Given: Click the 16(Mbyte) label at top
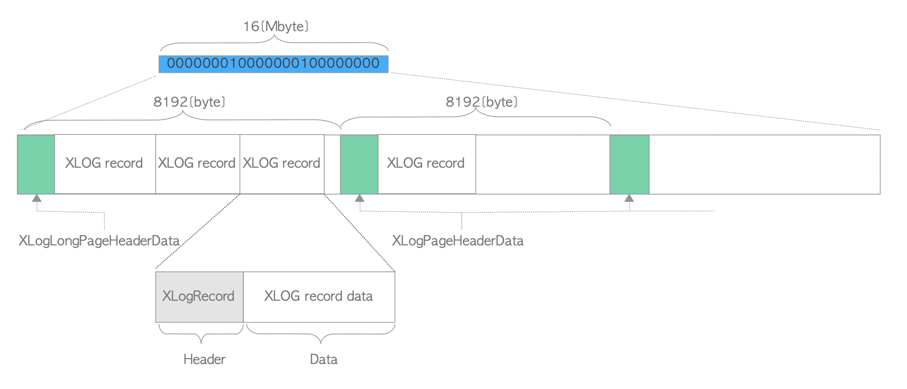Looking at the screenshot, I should pyautogui.click(x=276, y=27).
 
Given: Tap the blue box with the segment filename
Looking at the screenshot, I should pyautogui.click(x=273, y=64).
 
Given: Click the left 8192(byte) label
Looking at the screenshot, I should pyautogui.click(x=189, y=102).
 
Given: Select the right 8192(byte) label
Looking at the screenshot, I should pyautogui.click(x=481, y=102).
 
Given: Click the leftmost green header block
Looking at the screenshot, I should pyautogui.click(x=36, y=164).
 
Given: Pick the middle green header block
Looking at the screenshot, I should pyautogui.click(x=359, y=164).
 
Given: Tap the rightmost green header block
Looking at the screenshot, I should pyautogui.click(x=629, y=164).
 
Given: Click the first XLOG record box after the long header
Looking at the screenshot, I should pyautogui.click(x=104, y=164).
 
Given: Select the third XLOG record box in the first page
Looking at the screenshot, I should pyautogui.click(x=282, y=164).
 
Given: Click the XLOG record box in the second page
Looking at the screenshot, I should pyautogui.click(x=427, y=164).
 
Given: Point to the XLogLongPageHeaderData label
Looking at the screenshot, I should pyautogui.click(x=99, y=241).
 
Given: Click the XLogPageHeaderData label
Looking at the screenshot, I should pyautogui.click(x=457, y=241).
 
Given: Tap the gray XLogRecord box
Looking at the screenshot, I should pyautogui.click(x=199, y=297).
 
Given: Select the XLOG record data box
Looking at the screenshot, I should pyautogui.click(x=319, y=297).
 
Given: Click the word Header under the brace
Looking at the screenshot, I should pyautogui.click(x=204, y=360).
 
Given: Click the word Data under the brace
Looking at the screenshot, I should pyautogui.click(x=324, y=360).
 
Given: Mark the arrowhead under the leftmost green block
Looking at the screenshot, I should pyautogui.click(x=37, y=198).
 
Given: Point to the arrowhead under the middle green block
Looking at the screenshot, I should pyautogui.click(x=359, y=198).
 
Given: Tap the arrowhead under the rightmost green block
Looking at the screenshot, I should pyautogui.click(x=629, y=198).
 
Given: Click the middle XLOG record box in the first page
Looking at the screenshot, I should pyautogui.click(x=197, y=164).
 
